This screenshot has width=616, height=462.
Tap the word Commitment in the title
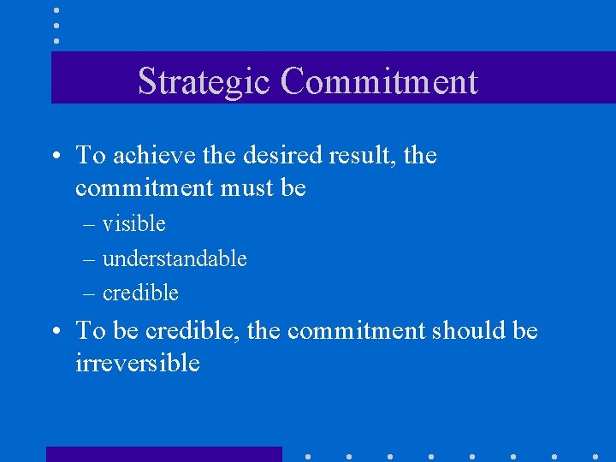click(378, 82)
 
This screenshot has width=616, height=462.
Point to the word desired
click(276, 156)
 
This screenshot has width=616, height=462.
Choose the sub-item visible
click(133, 224)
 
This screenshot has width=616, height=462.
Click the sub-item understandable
click(175, 258)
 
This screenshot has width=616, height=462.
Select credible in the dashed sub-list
click(140, 293)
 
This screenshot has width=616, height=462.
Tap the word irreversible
click(137, 363)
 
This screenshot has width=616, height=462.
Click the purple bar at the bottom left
click(163, 453)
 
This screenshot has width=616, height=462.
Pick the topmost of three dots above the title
click(56, 10)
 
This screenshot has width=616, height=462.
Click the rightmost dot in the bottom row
click(595, 456)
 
